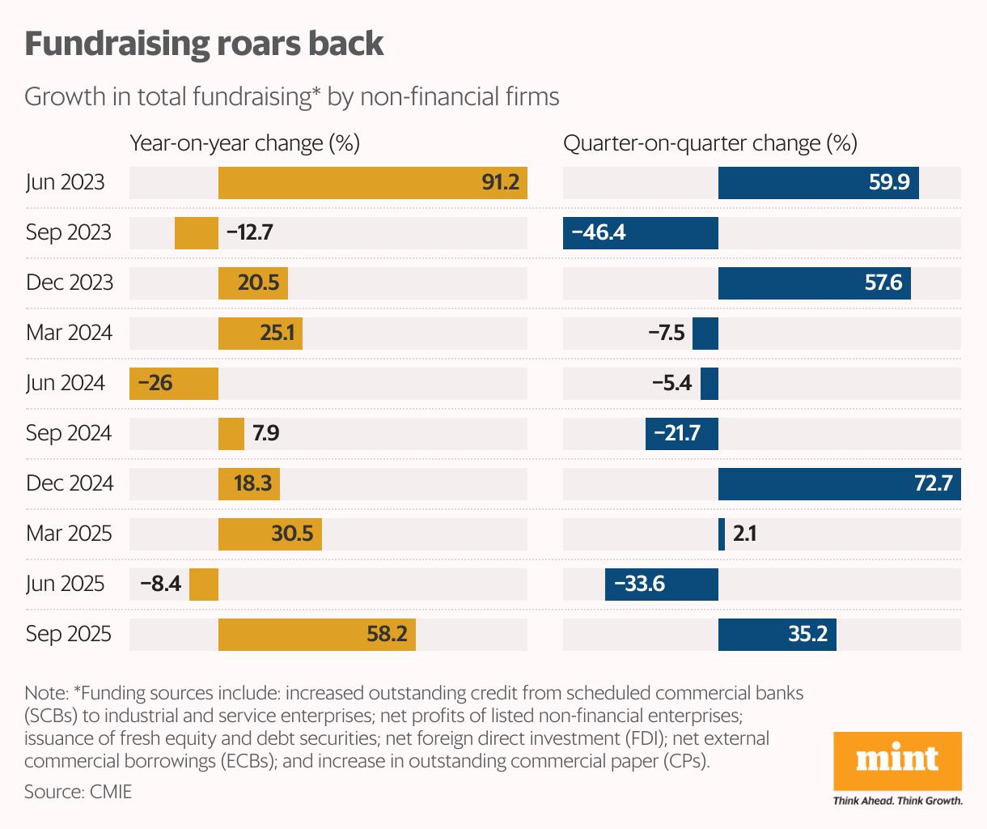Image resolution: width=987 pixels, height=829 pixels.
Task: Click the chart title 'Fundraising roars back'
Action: coord(204,44)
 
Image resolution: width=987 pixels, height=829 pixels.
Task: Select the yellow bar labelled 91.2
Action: coord(372,182)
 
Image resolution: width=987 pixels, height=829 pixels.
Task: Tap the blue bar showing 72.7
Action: coord(839,483)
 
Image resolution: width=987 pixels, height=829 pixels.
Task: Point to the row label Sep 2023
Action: coord(68,232)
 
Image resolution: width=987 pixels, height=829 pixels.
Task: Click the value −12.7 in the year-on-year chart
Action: coord(250,232)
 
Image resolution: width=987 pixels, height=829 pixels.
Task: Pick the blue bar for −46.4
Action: coord(640,232)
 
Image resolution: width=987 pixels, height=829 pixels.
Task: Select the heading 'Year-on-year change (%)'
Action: coord(244,143)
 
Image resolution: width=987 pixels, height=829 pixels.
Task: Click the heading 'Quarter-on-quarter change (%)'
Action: coord(710,143)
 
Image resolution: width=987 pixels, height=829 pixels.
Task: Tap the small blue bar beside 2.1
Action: coord(722,534)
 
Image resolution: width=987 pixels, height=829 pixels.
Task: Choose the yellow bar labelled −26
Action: coord(174,383)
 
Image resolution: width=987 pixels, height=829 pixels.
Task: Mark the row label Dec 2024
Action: coord(70,483)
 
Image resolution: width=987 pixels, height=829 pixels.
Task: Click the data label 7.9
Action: coord(265,433)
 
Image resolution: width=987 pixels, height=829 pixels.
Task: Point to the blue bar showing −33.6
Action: coord(661,584)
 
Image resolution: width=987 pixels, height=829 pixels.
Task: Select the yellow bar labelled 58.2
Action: coord(316,634)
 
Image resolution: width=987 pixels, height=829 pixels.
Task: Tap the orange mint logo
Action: coord(897,760)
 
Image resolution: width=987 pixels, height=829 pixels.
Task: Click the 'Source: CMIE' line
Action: coord(78,791)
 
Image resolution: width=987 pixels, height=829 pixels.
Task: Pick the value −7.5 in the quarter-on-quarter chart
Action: coord(667,333)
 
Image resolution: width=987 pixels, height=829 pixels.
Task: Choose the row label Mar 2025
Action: coord(69,534)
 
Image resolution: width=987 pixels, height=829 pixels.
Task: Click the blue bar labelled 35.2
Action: coord(777,634)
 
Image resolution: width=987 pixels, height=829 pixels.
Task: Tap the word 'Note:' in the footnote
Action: coord(46,693)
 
